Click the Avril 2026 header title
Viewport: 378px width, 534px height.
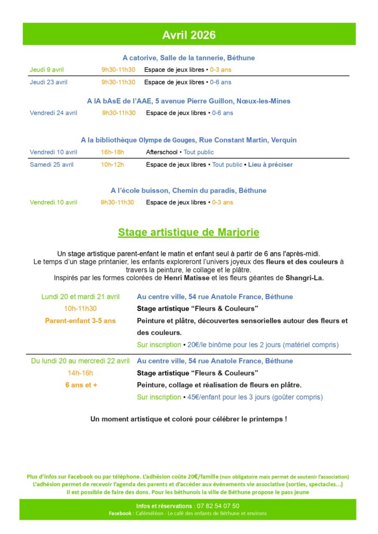(x=189, y=35)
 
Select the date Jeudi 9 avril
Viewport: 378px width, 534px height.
(x=47, y=69)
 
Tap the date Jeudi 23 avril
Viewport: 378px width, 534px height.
(x=48, y=82)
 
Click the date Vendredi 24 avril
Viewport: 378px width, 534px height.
(x=53, y=113)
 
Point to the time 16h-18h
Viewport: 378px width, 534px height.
(x=112, y=152)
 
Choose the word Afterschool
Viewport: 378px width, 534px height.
(x=162, y=152)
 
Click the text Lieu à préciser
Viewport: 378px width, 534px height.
(x=270, y=165)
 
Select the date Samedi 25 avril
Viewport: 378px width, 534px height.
(x=52, y=165)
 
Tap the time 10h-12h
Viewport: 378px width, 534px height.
(x=112, y=165)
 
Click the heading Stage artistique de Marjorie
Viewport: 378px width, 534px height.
(x=189, y=232)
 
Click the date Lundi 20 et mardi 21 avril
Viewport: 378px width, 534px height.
(x=80, y=297)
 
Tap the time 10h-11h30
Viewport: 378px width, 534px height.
(x=80, y=309)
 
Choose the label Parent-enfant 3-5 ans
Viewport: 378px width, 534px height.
(x=80, y=321)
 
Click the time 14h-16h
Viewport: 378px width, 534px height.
(x=80, y=373)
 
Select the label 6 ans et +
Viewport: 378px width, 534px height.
(x=81, y=385)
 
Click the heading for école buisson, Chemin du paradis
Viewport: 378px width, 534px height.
(x=189, y=190)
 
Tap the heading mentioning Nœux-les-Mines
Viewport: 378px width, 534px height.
(x=189, y=101)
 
